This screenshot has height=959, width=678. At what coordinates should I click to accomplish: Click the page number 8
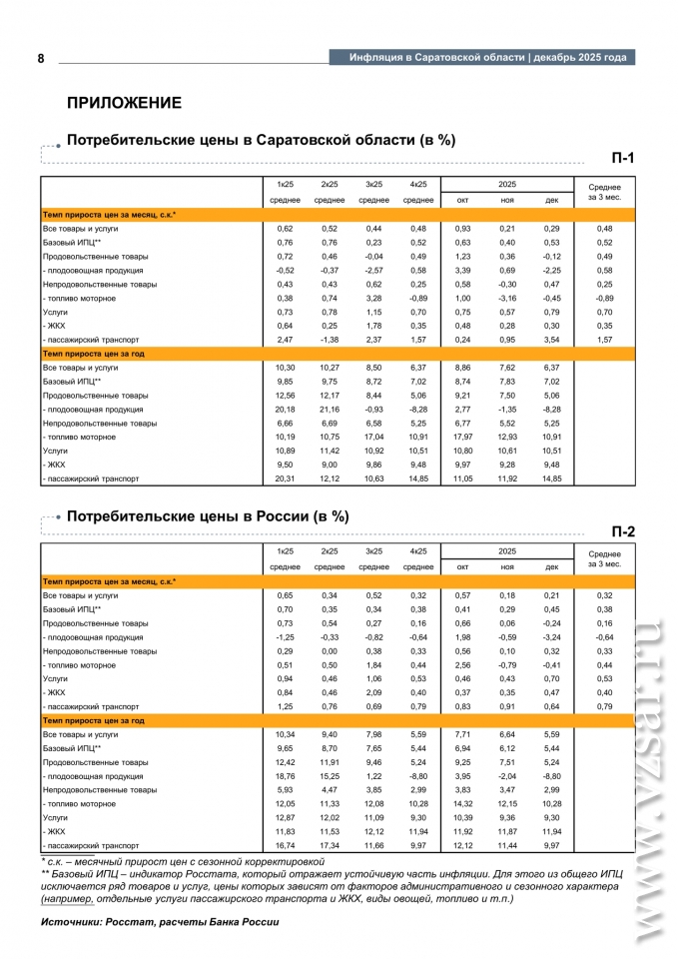[41, 58]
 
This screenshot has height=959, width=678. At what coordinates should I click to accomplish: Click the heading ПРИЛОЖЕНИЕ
[124, 103]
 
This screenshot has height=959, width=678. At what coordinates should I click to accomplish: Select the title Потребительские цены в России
[208, 516]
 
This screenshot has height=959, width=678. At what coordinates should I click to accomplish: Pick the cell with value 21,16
[330, 410]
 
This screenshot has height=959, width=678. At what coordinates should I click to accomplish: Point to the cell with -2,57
[373, 270]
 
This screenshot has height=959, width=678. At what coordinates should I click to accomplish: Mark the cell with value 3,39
[463, 270]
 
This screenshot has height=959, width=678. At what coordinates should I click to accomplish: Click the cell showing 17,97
[463, 437]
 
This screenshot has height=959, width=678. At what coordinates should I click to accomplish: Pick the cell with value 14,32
[463, 804]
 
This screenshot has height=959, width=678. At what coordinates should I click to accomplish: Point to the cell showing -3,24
[552, 636]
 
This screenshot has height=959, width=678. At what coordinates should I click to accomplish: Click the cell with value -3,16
[507, 298]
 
